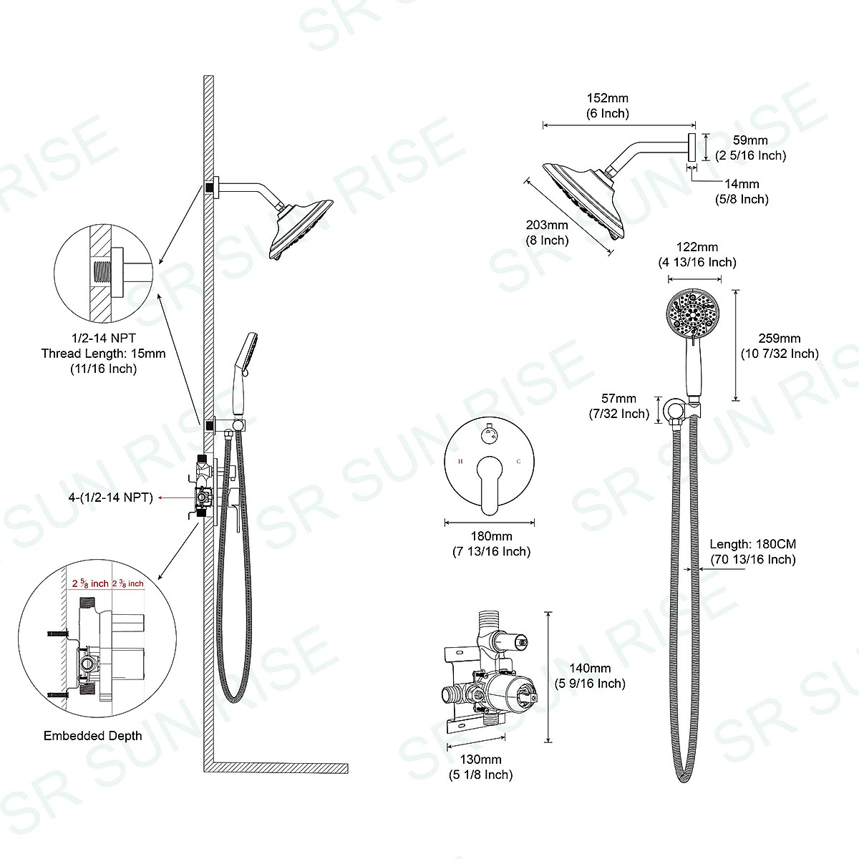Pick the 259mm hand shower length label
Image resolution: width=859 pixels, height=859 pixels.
pos(780,346)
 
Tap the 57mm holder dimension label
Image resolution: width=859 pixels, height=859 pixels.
pos(618,406)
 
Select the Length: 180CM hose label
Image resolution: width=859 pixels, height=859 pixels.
pos(752,551)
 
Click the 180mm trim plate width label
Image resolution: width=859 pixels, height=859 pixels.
pos(491,543)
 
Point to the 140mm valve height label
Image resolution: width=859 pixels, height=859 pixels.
pos(591,676)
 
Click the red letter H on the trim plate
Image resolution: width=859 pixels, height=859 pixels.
pos(460,462)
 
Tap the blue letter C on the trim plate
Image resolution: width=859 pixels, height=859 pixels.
pos(518,462)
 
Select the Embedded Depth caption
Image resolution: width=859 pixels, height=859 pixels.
pos(93,736)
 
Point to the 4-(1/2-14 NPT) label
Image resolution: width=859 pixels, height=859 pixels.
pos(107,497)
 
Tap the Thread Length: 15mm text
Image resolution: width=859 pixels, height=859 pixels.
pos(103,354)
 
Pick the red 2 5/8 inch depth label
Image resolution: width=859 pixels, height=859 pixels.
pos(90,583)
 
